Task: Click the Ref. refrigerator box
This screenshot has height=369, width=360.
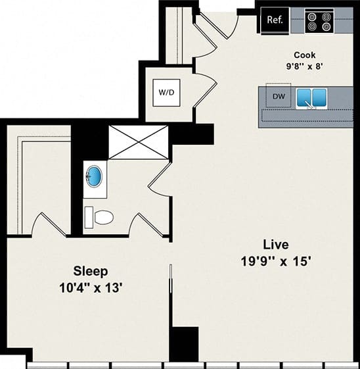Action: (x=275, y=20)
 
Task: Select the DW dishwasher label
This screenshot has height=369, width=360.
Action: (x=279, y=97)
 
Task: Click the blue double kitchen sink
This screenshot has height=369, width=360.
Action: (x=312, y=98)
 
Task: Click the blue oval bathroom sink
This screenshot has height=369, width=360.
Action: (x=95, y=177)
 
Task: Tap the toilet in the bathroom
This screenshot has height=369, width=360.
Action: (x=101, y=216)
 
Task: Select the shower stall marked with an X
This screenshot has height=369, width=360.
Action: (x=139, y=141)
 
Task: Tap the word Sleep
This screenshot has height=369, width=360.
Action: (x=91, y=270)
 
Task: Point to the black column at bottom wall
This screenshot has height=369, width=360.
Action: (x=183, y=343)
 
